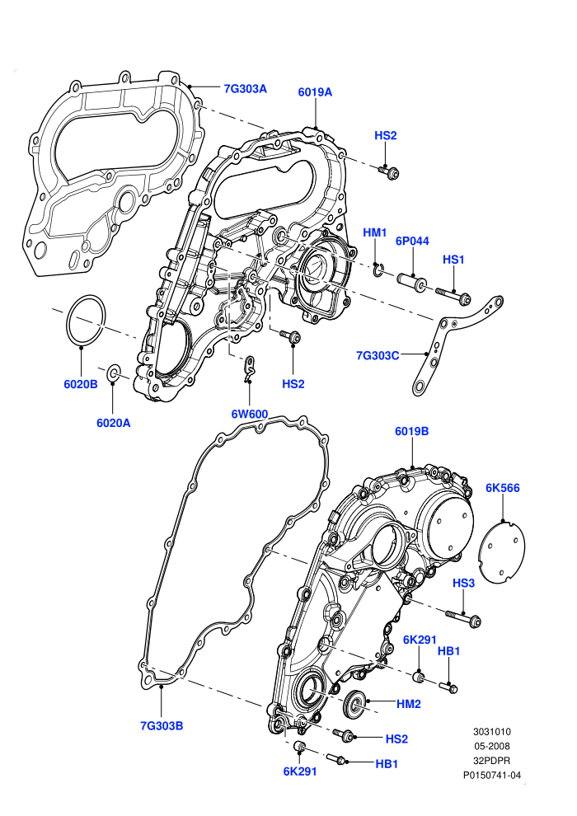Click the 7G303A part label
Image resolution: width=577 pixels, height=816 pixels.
245,89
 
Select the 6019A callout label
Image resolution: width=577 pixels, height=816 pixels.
315,92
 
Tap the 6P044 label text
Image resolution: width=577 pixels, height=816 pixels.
412,241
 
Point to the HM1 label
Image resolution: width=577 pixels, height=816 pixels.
374,232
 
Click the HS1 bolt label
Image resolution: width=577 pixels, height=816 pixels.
453,260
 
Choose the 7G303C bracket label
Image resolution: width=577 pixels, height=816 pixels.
378,355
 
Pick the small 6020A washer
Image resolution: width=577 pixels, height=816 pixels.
114,373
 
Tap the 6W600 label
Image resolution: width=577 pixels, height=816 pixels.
250,415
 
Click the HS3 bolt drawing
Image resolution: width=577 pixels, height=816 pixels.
463,617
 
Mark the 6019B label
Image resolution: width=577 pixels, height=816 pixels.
411,431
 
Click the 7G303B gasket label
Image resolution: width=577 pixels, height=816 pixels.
162,725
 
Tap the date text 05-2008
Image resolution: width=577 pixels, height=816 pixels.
491,746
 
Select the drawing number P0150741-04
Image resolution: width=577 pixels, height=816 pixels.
492,775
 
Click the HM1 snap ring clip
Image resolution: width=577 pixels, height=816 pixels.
378,270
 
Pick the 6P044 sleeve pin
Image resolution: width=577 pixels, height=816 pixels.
413,281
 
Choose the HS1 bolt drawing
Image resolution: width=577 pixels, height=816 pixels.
453,295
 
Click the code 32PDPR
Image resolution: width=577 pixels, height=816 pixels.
491,760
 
